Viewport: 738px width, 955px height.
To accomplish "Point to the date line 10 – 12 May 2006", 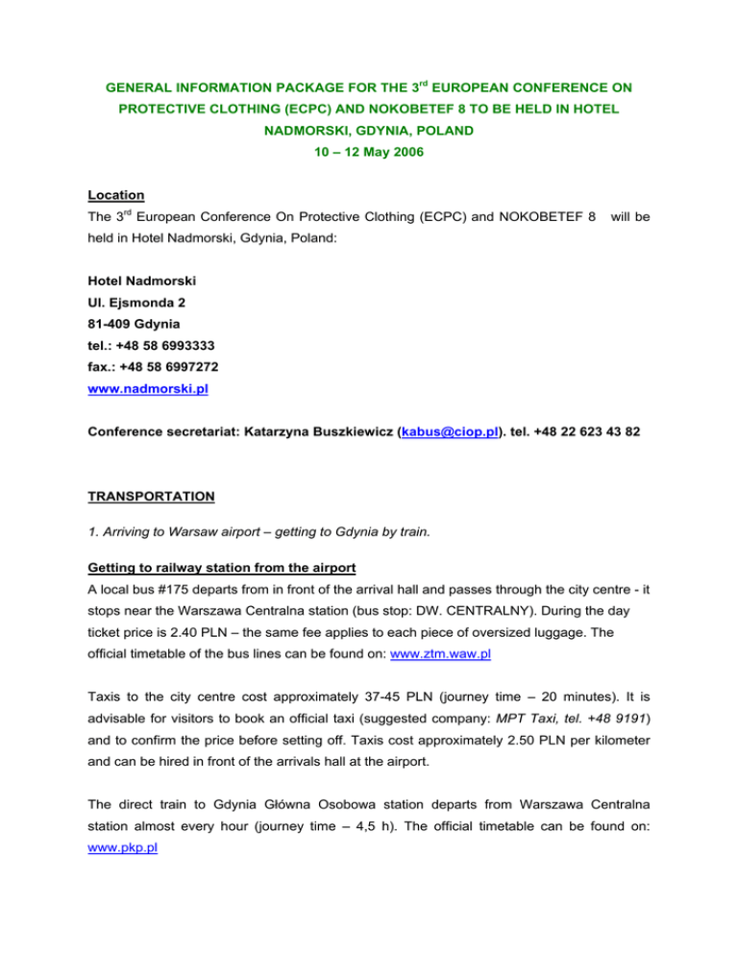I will [x=368, y=152].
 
